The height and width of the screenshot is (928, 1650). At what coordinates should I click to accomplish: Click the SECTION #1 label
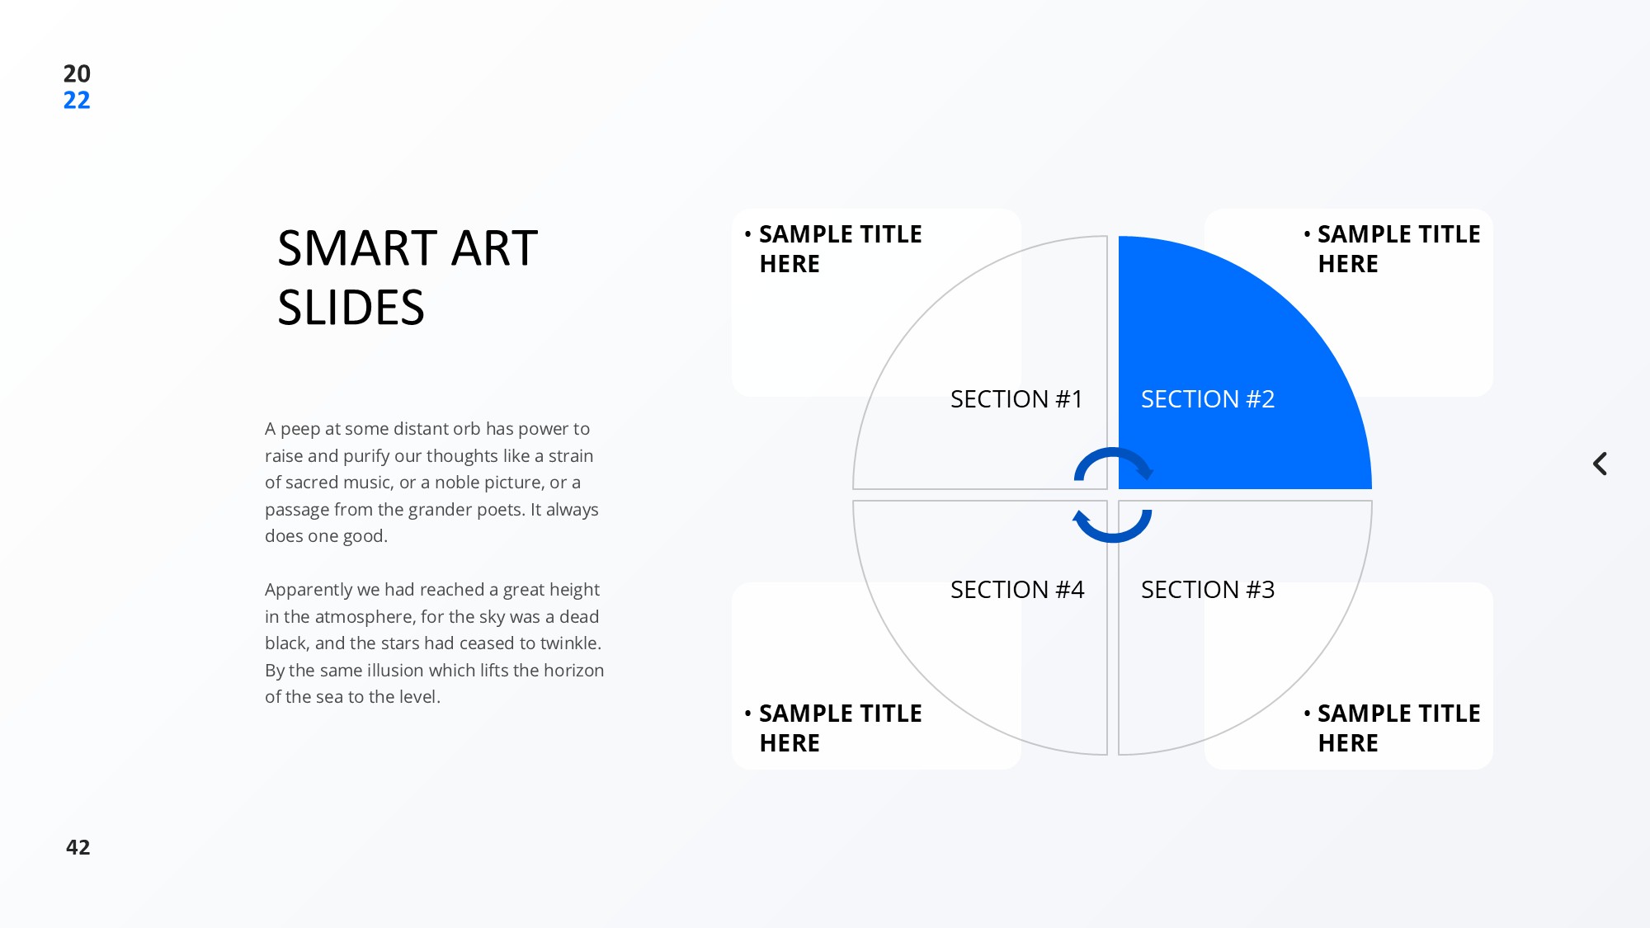1016,399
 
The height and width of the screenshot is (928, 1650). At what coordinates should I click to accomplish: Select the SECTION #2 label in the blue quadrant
1208,399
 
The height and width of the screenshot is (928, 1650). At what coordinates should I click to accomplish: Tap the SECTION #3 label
1208,590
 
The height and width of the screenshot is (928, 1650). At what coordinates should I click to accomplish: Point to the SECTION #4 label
1017,590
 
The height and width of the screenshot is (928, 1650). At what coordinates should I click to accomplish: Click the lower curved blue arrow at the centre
1113,537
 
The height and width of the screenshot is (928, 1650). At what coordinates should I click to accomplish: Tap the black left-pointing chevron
1600,464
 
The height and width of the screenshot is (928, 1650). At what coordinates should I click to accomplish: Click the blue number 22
77,101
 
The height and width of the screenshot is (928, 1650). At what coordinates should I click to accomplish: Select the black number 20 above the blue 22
77,73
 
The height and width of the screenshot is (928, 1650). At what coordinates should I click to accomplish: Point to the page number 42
78,847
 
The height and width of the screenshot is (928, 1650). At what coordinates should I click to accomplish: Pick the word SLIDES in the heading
351,308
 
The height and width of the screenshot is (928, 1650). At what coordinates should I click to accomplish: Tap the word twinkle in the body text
569,643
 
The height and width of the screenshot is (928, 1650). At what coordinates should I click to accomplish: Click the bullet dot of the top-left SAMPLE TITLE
747,234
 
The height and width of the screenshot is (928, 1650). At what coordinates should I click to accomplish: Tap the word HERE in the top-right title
1348,264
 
